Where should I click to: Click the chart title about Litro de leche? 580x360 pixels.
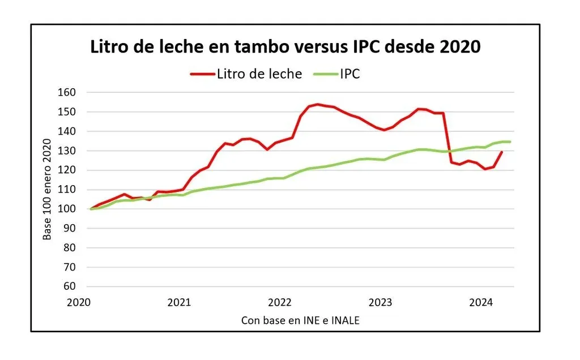click(x=285, y=47)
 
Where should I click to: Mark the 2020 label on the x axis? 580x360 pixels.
click(x=79, y=302)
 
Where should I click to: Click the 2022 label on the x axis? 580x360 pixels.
click(x=280, y=302)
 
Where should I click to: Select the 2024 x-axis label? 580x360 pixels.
click(x=480, y=302)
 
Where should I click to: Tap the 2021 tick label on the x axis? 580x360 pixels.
click(x=180, y=302)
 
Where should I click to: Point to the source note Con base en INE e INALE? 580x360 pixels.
click(x=300, y=320)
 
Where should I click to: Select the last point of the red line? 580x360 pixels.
click(x=502, y=152)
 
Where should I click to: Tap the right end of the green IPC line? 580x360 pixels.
click(x=510, y=142)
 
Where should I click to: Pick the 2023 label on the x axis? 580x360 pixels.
click(x=380, y=302)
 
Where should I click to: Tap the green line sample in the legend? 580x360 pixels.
click(x=325, y=74)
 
